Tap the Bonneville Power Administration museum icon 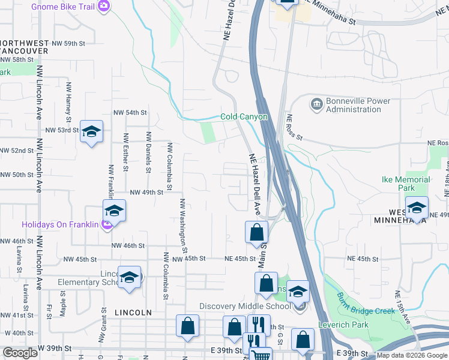[316, 104]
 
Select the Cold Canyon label [243, 117]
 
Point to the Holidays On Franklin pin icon [107, 225]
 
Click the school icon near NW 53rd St [91, 132]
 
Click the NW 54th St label [130, 113]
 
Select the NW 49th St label [146, 193]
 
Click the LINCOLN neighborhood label [131, 313]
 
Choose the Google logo [20, 353]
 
